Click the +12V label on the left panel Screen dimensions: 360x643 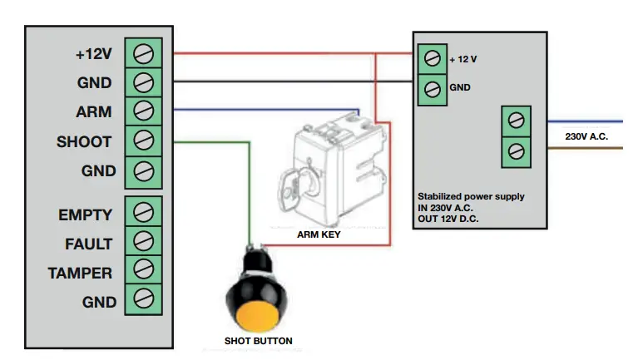pos(94,55)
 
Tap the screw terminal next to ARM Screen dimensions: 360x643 pos(143,111)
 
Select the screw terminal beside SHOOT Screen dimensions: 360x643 pos(143,141)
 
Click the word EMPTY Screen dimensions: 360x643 pos(86,215)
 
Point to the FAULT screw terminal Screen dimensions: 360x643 pos(143,242)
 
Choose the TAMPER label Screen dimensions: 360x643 pos(80,272)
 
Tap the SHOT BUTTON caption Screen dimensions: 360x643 pos(258,341)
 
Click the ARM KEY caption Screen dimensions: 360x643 pos(319,235)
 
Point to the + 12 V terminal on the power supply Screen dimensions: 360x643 pos(431,59)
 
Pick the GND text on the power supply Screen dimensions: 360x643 pos(459,87)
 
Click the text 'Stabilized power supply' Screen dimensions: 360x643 pos(471,196)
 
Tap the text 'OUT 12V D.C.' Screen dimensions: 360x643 pos(454,218)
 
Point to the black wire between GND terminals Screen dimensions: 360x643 pos(291,81)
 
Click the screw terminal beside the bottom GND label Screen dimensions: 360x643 pos(143,299)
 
